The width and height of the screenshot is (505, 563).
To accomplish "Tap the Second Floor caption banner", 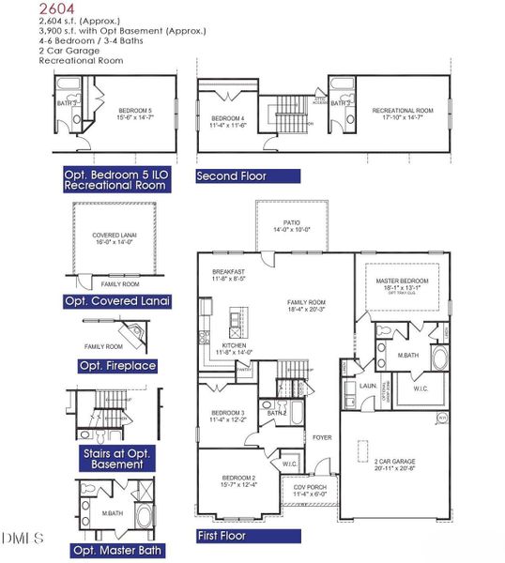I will point(248,175).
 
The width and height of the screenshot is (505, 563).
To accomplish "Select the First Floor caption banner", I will point(249,536).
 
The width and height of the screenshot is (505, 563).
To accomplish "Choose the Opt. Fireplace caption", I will point(117,365).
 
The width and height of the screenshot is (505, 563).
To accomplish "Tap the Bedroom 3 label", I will point(228,413).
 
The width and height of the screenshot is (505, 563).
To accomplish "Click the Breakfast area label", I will point(227,271).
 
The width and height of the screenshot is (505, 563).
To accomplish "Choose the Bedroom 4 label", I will point(228,118).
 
